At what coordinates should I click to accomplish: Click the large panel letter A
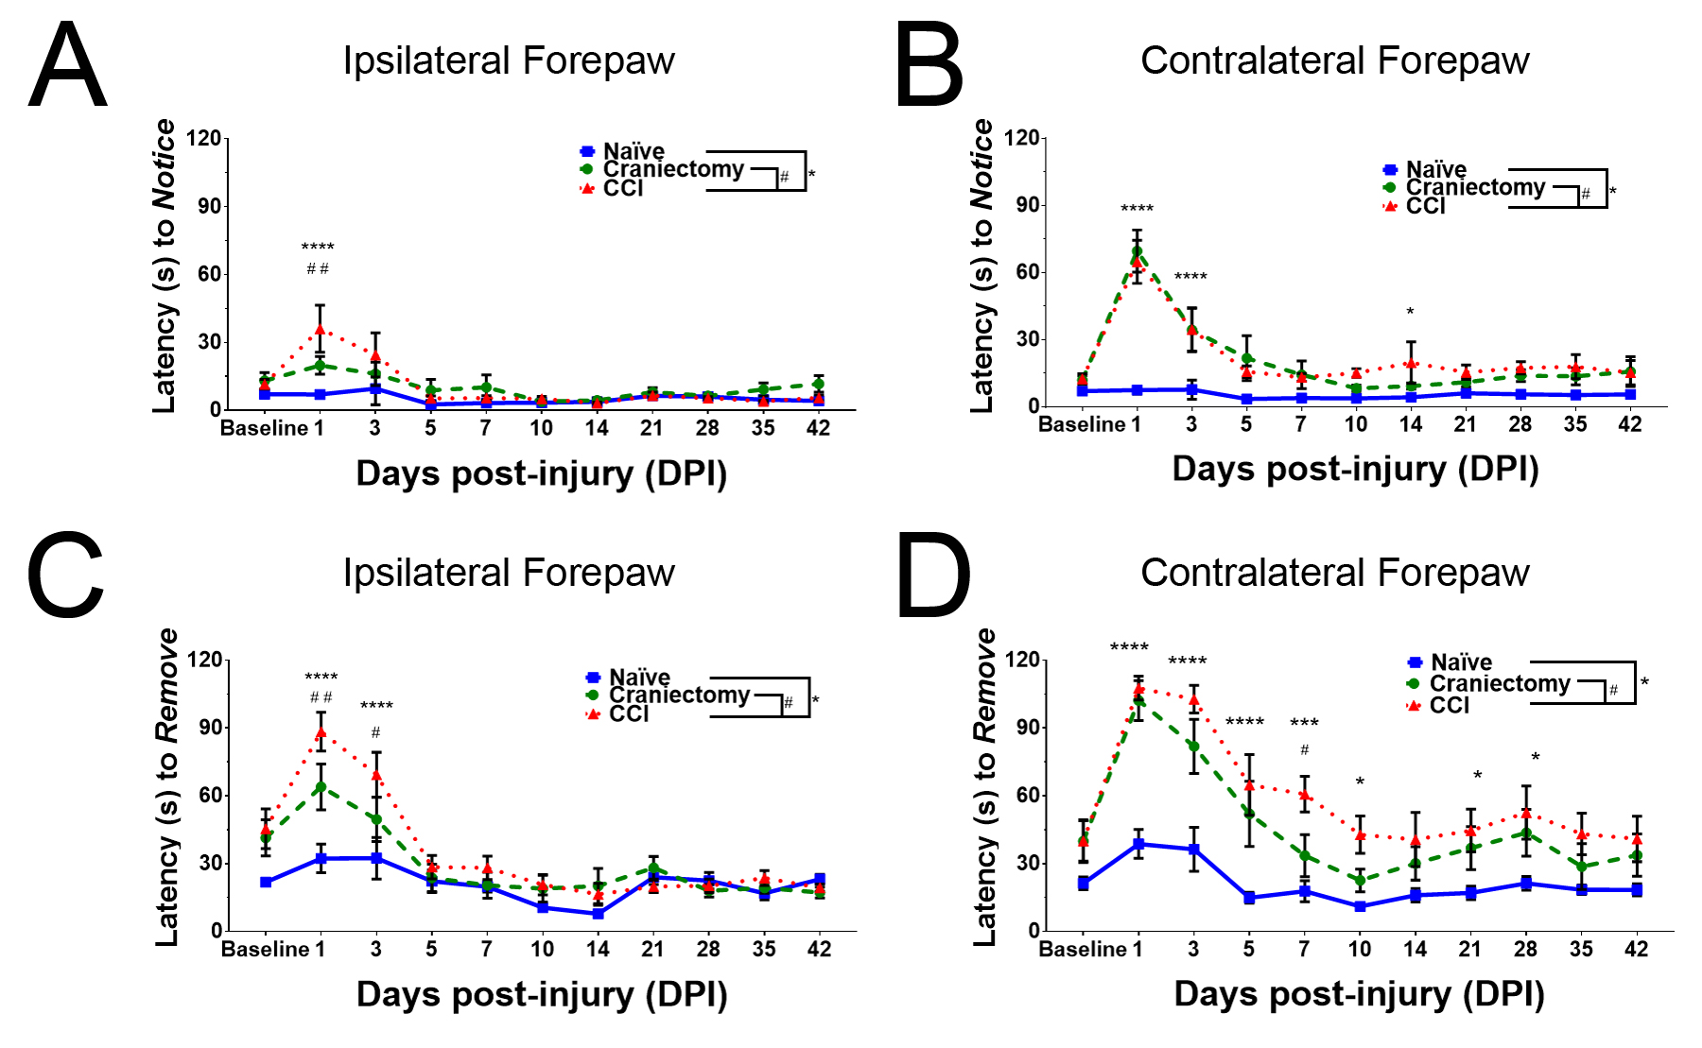[67, 65]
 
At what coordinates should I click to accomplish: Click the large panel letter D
[932, 576]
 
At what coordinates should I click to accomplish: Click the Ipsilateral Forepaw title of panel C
[509, 573]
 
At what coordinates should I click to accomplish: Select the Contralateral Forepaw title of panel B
[1334, 60]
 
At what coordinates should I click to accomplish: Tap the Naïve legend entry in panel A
[633, 151]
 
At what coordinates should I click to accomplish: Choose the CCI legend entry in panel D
[1449, 705]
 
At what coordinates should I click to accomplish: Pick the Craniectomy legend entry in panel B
[1474, 187]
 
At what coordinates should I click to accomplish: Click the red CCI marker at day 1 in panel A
[320, 330]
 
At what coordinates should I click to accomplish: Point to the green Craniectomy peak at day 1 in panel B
[1137, 253]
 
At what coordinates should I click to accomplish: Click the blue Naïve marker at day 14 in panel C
[598, 914]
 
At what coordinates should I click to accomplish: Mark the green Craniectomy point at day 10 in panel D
[1360, 881]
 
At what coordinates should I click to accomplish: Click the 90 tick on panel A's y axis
[208, 206]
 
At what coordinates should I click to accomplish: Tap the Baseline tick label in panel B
[1082, 424]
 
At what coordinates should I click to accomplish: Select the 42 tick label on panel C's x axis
[819, 949]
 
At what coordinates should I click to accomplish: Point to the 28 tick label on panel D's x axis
[1525, 949]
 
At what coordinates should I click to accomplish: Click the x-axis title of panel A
[541, 473]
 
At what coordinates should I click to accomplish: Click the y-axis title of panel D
[985, 786]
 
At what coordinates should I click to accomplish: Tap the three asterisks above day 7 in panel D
[1304, 723]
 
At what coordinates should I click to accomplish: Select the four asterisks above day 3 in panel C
[376, 706]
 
